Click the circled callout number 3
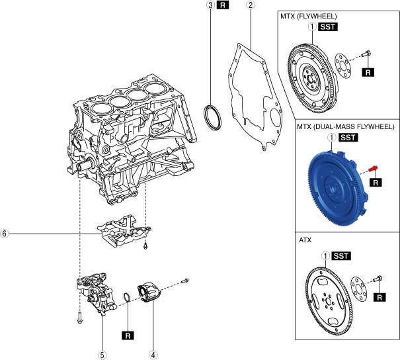point(210,5)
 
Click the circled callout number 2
point(250,5)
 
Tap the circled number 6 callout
point(5,234)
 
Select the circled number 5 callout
point(102,355)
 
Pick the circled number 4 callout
point(153,355)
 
